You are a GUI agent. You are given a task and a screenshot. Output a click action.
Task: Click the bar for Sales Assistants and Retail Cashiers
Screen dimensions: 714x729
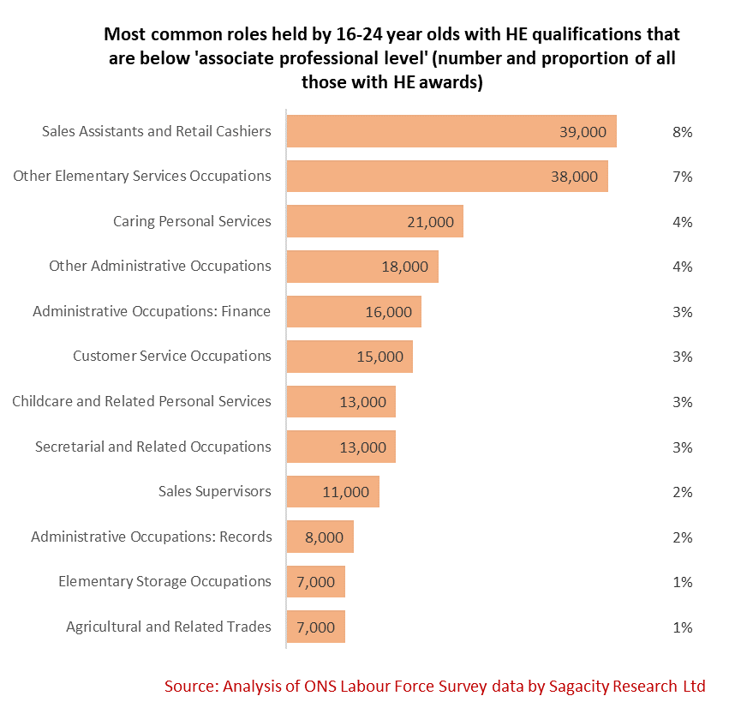[451, 131]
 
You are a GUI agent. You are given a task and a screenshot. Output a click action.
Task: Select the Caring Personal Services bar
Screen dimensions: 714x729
[374, 221]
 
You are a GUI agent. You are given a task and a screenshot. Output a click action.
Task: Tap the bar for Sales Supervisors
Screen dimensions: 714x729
[332, 492]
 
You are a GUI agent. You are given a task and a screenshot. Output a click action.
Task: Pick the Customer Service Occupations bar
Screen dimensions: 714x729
[350, 357]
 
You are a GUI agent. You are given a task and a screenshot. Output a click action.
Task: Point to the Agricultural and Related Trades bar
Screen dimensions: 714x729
[315, 627]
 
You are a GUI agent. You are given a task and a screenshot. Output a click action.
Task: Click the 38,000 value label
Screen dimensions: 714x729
[573, 177]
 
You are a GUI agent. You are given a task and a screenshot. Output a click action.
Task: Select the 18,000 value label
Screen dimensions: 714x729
[404, 267]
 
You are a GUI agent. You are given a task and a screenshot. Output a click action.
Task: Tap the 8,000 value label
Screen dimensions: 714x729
[324, 537]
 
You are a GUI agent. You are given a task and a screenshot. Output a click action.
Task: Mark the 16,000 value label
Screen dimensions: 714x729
[388, 312]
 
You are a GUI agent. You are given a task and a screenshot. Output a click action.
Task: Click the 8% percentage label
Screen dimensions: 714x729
[682, 132]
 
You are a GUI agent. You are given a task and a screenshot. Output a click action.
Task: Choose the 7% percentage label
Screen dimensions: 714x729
[682, 177]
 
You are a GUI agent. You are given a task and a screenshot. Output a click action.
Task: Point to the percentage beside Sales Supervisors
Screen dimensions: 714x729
[682, 492]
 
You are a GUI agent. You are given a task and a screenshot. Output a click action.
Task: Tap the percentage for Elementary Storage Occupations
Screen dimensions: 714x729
[682, 582]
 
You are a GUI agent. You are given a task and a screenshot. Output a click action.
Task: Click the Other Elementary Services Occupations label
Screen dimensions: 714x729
[142, 176]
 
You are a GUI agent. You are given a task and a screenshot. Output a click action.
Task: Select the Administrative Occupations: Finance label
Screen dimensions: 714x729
[152, 311]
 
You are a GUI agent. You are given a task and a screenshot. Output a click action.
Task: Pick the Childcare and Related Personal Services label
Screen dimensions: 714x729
[141, 401]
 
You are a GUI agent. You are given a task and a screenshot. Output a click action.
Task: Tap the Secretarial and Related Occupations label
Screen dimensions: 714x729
[153, 447]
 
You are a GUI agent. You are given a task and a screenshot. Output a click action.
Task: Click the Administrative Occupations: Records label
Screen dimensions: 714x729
[152, 537]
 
